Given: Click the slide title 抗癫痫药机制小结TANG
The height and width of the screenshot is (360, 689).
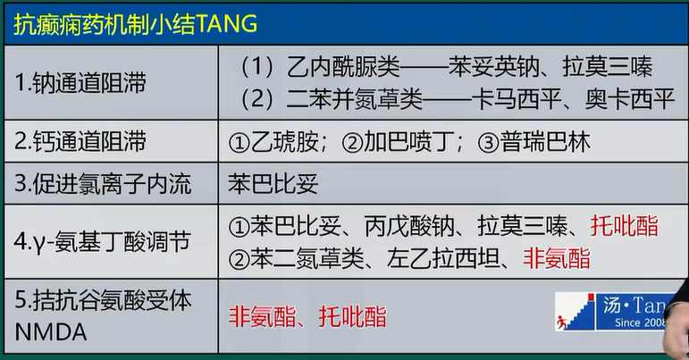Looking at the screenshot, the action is [135, 24].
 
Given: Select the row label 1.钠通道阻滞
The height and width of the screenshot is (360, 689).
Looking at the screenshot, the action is [80, 83].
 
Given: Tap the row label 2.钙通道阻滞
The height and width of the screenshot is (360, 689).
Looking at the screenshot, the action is [80, 141].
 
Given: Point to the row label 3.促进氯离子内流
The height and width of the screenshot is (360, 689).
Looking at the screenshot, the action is [103, 183].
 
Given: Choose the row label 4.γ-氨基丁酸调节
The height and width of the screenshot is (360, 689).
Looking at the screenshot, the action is [102, 242].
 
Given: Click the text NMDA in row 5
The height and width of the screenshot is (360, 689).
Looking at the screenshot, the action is [51, 332].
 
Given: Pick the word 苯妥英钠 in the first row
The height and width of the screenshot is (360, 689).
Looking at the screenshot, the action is [493, 67].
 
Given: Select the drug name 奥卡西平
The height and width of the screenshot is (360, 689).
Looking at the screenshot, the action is [630, 99].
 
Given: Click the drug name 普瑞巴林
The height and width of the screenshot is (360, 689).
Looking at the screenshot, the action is [545, 142].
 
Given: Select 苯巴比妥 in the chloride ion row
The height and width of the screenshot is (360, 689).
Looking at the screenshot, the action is [273, 183].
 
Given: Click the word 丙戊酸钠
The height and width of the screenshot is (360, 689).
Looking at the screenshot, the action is [409, 227].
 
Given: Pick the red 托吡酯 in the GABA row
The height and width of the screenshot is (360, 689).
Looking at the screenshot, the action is [625, 227].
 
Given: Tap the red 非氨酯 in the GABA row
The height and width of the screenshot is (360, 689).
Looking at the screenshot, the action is [557, 258].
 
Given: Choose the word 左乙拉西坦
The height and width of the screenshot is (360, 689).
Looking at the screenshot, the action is [443, 258].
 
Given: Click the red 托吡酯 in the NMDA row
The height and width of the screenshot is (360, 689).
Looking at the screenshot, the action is [353, 316].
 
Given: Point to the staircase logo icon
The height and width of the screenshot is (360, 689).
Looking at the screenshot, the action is [576, 312].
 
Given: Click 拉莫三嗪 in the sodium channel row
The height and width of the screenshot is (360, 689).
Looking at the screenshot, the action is [607, 67].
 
